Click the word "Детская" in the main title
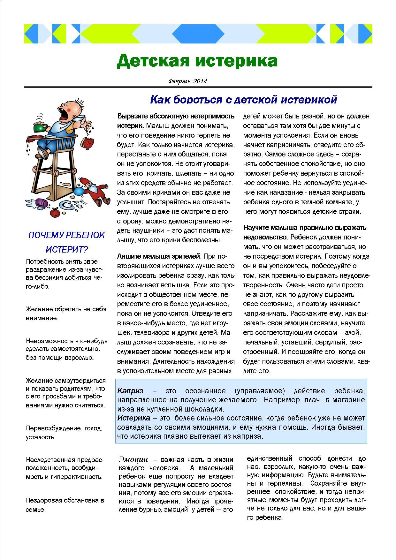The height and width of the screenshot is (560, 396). coord(152,61)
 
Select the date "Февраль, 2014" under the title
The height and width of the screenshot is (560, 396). coord(187,81)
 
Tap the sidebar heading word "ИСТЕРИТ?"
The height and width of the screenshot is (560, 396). coord(67,249)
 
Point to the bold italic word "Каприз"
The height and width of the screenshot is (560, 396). coord(130,391)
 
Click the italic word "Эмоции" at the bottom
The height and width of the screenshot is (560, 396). coord(133,459)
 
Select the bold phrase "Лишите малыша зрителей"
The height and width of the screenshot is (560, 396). coord(159,256)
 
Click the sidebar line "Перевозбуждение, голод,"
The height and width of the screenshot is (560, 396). coord(64,428)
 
